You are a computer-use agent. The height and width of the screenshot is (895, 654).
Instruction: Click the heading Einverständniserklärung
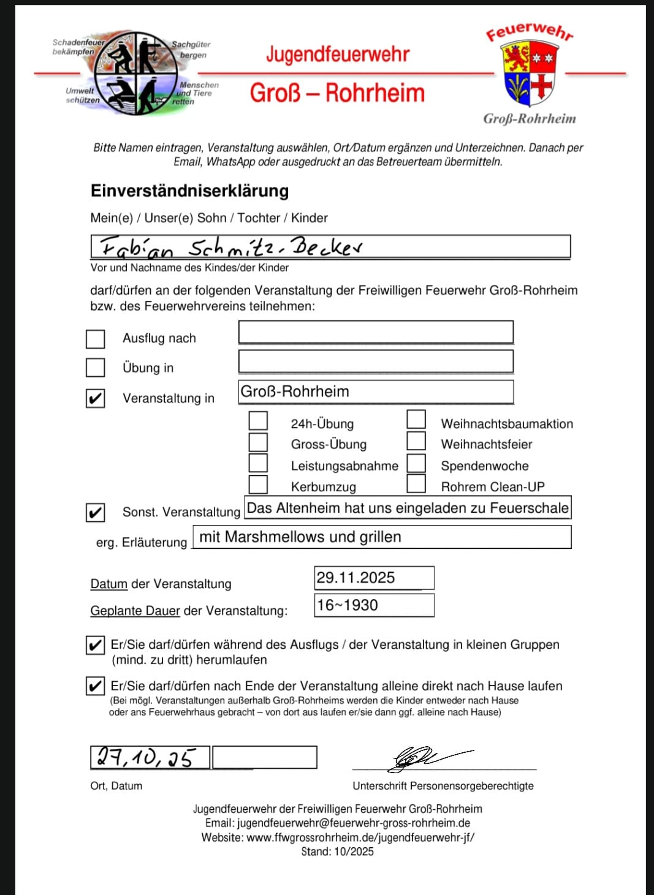(189, 191)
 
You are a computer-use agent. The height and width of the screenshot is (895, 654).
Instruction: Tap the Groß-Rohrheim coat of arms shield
(529, 73)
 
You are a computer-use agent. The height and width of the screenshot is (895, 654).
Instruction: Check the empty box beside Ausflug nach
(95, 339)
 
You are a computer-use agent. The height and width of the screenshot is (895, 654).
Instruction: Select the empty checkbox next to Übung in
(95, 368)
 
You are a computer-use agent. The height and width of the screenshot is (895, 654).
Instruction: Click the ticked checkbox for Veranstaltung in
(95, 398)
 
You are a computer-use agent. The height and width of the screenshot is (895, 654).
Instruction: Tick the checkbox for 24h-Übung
(258, 421)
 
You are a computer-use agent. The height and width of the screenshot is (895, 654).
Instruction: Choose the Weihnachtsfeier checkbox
(416, 441)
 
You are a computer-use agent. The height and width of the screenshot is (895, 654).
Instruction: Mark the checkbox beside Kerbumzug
(258, 484)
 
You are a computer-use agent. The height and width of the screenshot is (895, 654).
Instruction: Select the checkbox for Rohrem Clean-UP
(416, 483)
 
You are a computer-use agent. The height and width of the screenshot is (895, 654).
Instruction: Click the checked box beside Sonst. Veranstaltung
(95, 512)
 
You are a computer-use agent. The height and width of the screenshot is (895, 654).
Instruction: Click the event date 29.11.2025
(356, 578)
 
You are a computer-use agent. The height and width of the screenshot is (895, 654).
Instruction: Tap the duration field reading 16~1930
(348, 605)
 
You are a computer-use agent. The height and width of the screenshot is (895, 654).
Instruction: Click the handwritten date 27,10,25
(146, 758)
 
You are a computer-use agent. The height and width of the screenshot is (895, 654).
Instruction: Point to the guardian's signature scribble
(423, 757)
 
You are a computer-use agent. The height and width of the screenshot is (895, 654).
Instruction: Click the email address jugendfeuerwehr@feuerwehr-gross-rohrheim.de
(354, 823)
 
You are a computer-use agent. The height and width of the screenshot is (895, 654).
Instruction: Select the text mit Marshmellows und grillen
(300, 537)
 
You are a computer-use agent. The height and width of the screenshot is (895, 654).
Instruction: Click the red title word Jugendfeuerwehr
(338, 55)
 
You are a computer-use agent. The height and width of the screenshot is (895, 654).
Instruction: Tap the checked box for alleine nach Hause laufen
(95, 685)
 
